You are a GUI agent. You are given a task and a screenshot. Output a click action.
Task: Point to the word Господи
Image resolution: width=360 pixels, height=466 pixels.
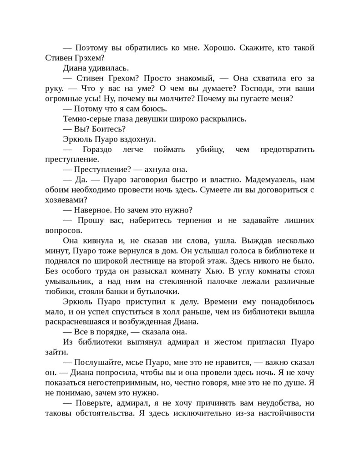(262, 88)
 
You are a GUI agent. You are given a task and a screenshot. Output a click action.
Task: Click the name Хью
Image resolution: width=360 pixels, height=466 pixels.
(213, 271)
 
